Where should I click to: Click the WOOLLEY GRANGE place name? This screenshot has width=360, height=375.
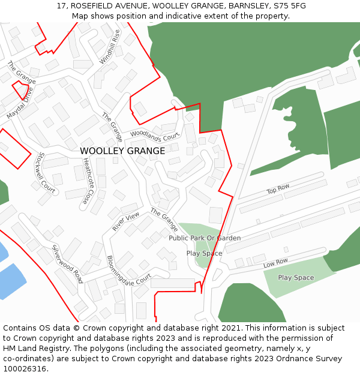coord(122,151)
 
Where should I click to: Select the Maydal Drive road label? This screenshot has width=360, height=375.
coord(20,102)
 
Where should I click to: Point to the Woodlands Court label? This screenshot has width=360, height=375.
coord(154,135)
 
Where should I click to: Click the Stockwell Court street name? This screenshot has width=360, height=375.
coord(46,172)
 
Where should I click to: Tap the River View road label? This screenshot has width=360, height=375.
coord(125,221)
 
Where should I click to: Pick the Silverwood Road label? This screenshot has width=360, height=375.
coord(67,264)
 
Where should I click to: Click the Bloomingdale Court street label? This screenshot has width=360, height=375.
coord(128,271)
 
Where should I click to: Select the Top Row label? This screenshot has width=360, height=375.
coord(278,190)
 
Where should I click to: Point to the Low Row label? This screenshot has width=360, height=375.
coord(276,263)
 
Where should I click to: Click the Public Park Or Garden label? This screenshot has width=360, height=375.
coord(205,238)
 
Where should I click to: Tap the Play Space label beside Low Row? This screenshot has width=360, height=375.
coord(296,278)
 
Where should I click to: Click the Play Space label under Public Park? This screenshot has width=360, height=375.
coord(204,253)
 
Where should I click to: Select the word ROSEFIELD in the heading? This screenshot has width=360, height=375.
coord(96,5)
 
